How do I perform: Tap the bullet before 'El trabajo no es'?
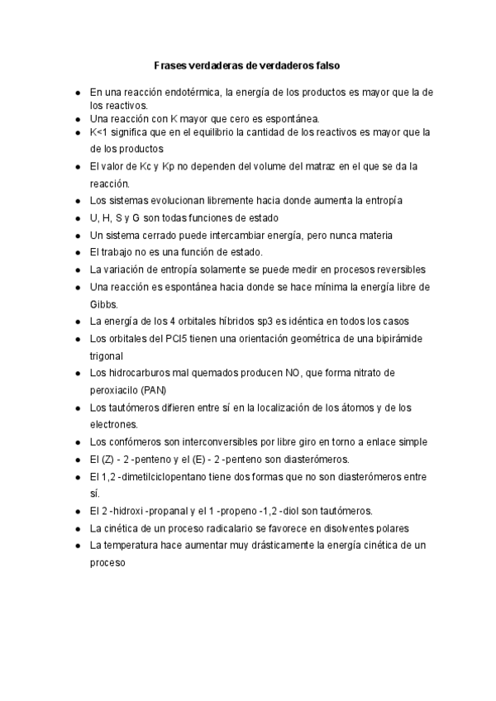(77, 252)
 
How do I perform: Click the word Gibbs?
(103, 303)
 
